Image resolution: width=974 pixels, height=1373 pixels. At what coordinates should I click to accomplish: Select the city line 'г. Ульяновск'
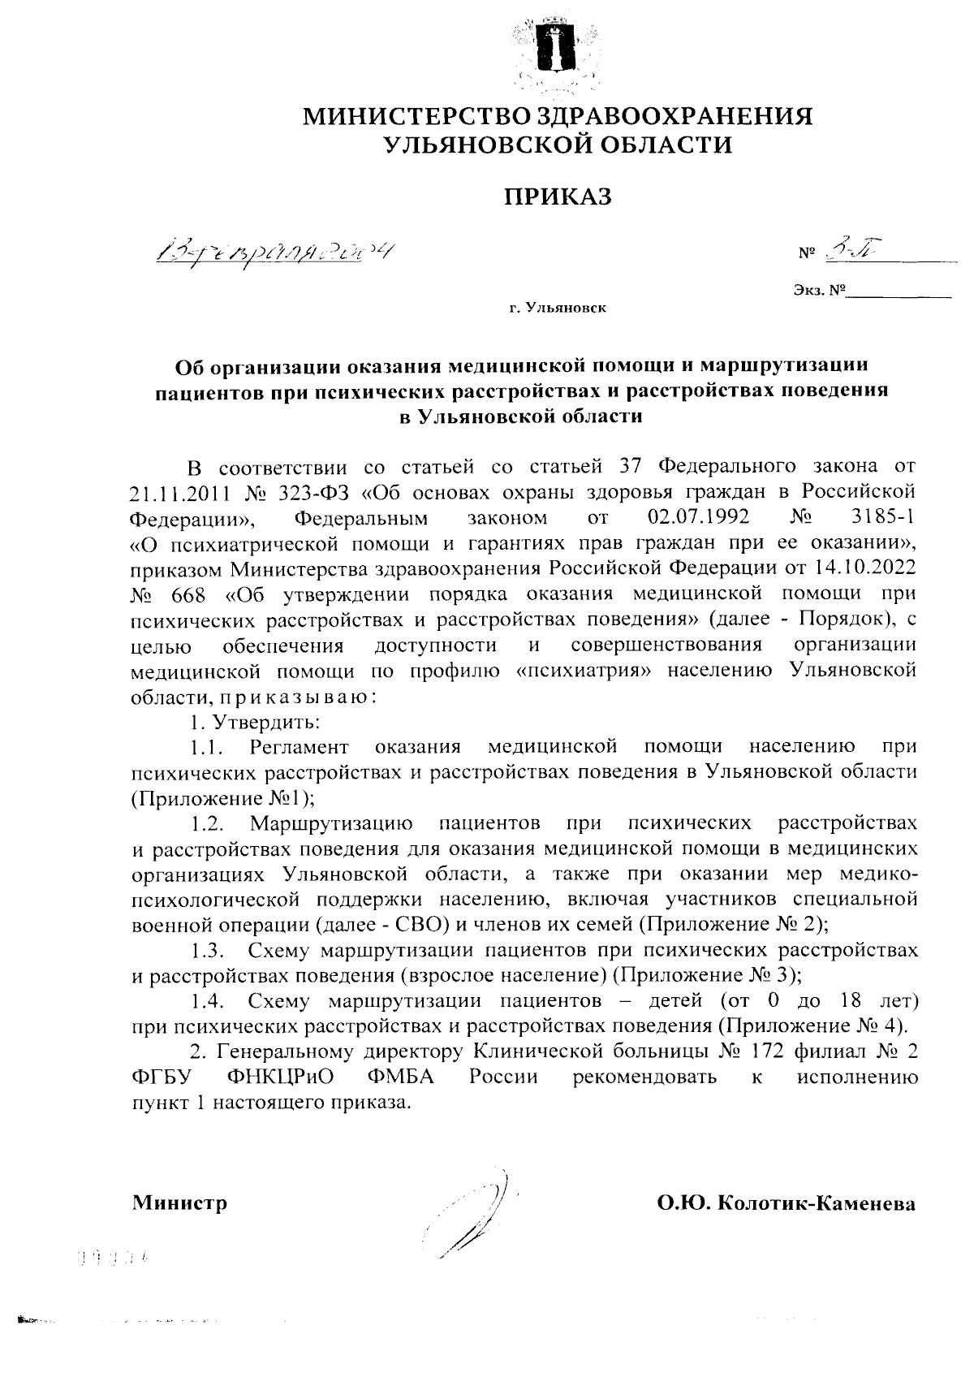pyautogui.click(x=557, y=309)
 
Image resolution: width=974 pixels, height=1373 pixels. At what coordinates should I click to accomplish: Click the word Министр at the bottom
pyautogui.click(x=179, y=1202)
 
